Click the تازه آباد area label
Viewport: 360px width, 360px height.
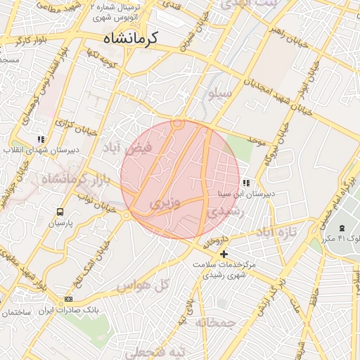click(276, 231)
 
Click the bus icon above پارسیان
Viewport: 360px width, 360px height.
click(60, 210)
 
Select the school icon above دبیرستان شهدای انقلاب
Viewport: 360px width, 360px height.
click(41, 139)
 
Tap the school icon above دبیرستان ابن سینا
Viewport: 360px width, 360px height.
click(245, 183)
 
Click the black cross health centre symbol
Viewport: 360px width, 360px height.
click(224, 254)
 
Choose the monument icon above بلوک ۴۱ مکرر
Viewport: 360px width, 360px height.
click(342, 228)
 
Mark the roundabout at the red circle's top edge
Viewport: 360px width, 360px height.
click(178, 124)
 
